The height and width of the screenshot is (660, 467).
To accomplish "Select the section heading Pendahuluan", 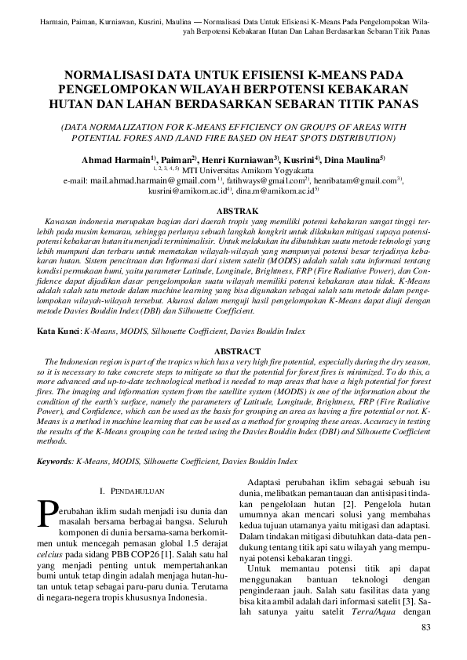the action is pos(134,491).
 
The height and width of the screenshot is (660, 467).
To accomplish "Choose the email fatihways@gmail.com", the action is pos(247,180).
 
